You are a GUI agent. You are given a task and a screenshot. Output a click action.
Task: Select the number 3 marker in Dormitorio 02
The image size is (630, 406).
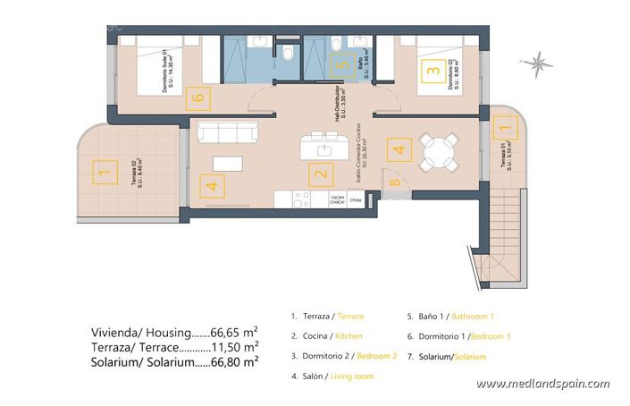click(432, 68)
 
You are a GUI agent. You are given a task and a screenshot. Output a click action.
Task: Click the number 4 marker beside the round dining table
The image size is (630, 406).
click(399, 151)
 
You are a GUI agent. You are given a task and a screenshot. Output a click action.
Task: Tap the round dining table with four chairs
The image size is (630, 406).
click(440, 152)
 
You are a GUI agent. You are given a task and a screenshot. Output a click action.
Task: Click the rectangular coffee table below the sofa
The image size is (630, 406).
click(228, 163)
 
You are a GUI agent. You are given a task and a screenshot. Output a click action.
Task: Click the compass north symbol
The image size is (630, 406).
click(539, 63)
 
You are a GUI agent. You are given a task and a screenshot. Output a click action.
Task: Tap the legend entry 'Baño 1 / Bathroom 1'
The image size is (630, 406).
click(450, 317)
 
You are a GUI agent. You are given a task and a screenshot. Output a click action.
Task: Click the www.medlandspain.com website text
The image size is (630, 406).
click(542, 384)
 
